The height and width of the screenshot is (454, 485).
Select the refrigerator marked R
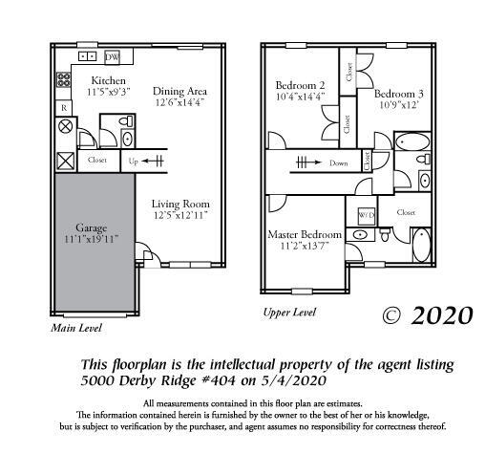click(x=64, y=108)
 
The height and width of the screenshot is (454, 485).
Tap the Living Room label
click(x=180, y=203)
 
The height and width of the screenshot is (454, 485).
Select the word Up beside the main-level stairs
click(x=134, y=162)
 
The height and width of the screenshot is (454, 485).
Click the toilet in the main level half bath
click(x=128, y=137)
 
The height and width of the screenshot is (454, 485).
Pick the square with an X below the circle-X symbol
click(x=65, y=161)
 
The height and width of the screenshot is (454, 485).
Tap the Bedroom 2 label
click(x=301, y=84)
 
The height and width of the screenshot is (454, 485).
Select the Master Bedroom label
click(x=306, y=234)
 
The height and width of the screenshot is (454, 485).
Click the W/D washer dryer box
click(x=366, y=214)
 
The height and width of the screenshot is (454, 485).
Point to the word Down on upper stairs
click(x=338, y=163)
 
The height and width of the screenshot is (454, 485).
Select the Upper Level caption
click(x=288, y=312)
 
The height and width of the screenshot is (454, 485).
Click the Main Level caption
click(x=75, y=328)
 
